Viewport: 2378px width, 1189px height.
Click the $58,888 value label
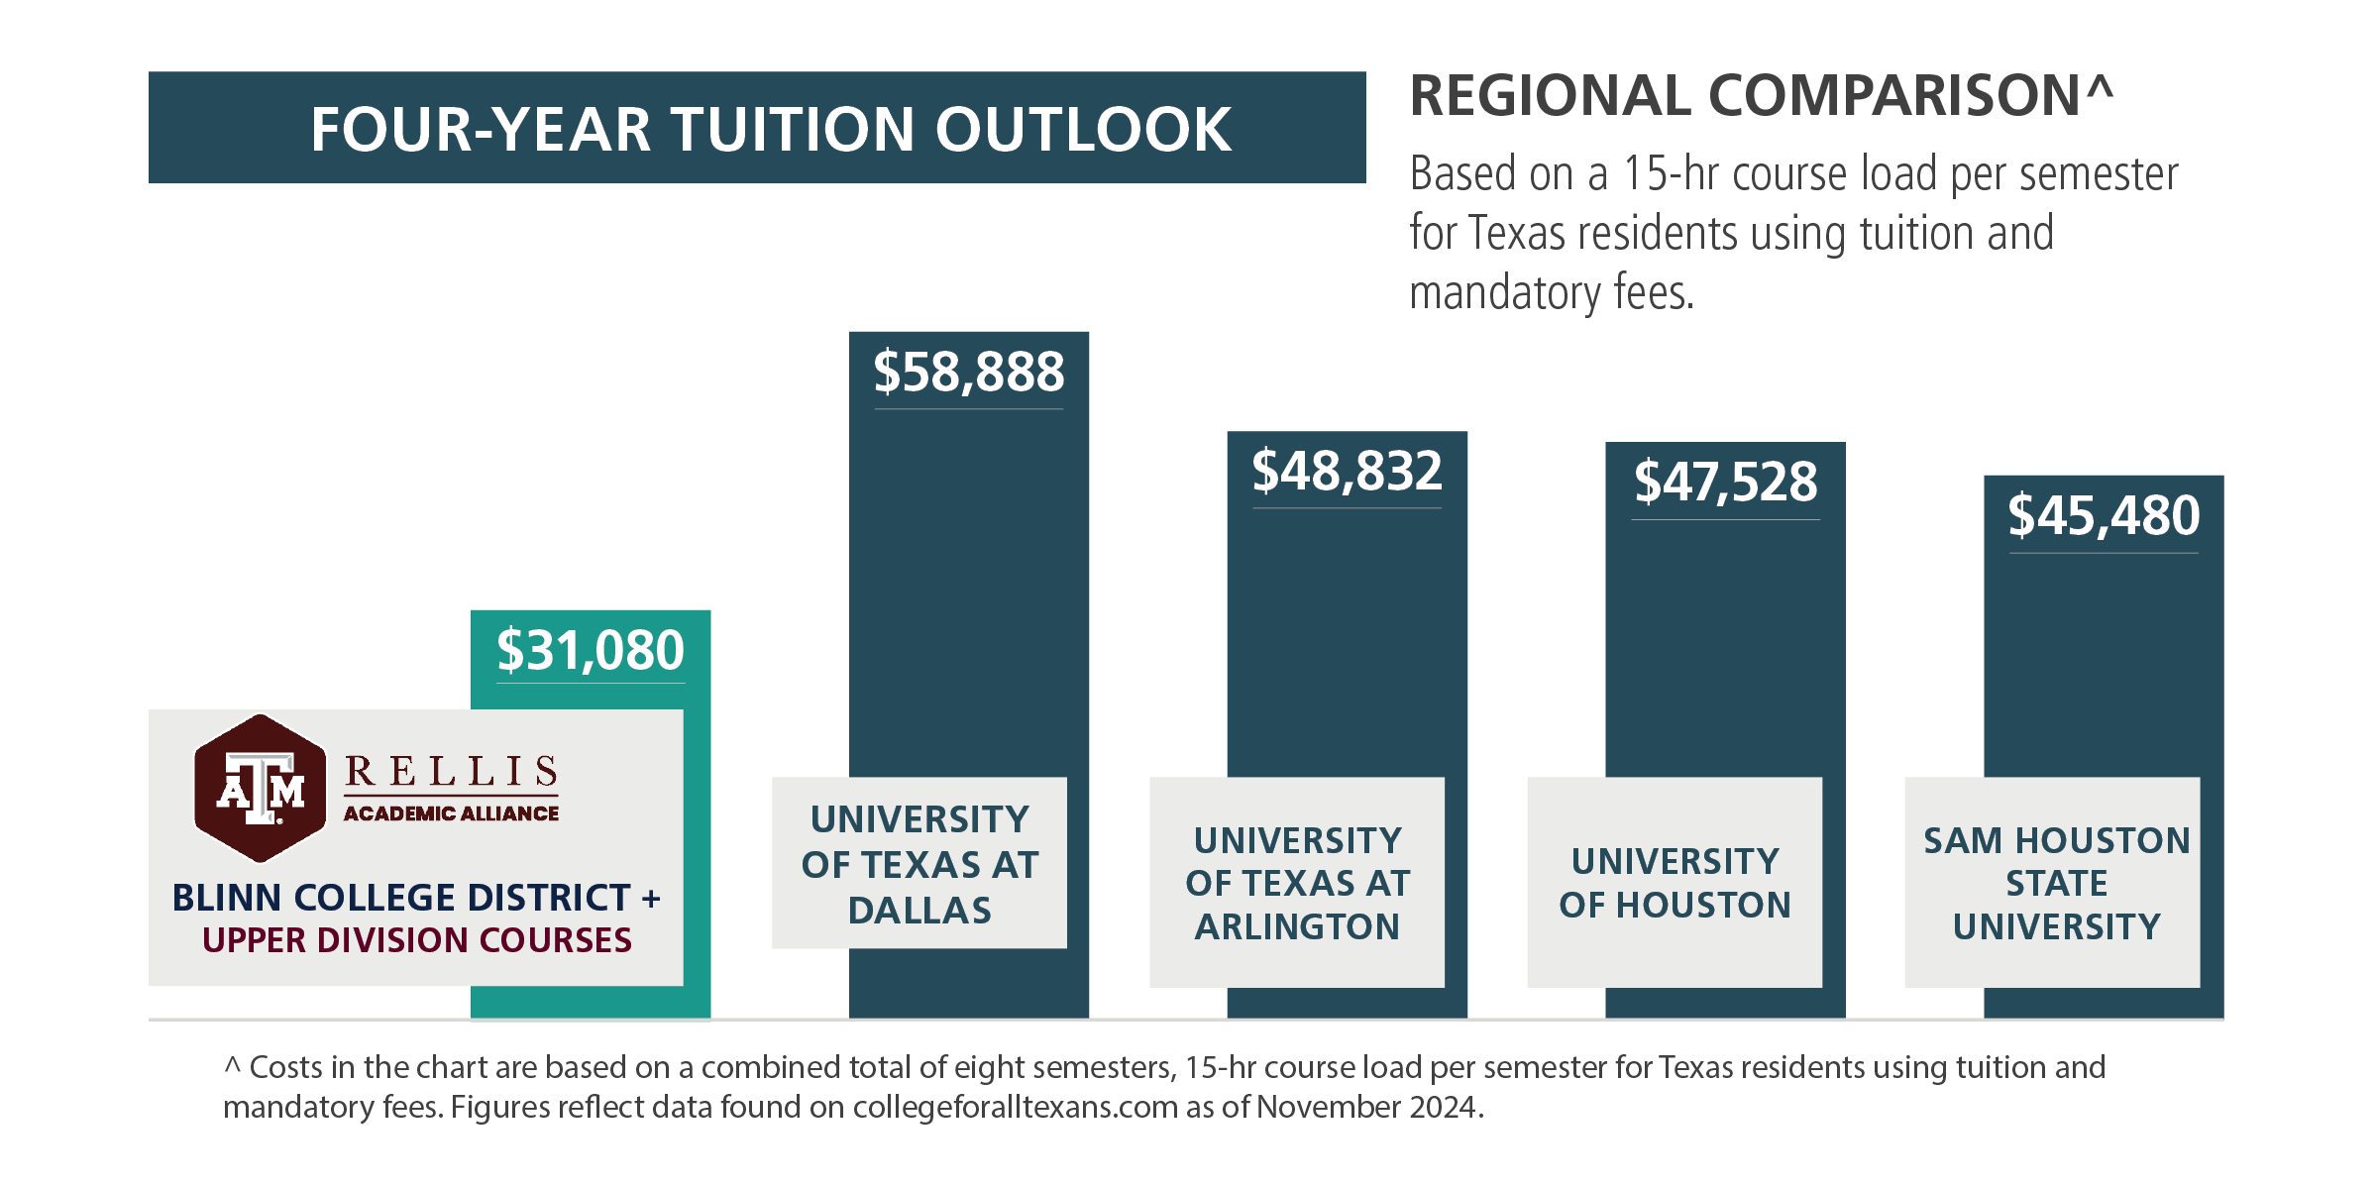point(968,374)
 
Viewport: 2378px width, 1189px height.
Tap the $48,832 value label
point(1347,473)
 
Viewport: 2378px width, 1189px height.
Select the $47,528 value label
point(1725,484)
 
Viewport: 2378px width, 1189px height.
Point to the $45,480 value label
point(2104,517)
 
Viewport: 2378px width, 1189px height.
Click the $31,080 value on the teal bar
point(591,652)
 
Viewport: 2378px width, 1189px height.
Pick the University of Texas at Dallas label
point(919,864)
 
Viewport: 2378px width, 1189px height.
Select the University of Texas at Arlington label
point(1297,883)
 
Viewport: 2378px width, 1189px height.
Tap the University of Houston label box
point(1675,883)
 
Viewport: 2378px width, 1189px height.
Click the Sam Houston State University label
point(2055,883)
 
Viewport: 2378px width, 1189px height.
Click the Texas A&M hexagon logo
point(260,789)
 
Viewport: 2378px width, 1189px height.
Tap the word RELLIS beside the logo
point(452,772)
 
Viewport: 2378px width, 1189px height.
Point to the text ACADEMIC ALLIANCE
point(451,813)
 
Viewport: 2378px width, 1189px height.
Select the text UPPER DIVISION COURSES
point(416,940)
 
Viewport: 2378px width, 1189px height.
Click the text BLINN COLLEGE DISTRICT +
point(416,898)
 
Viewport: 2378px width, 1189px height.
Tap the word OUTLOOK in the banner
point(1083,130)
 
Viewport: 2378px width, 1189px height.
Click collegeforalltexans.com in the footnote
point(1016,1107)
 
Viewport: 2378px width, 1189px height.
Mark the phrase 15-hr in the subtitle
point(1669,174)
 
